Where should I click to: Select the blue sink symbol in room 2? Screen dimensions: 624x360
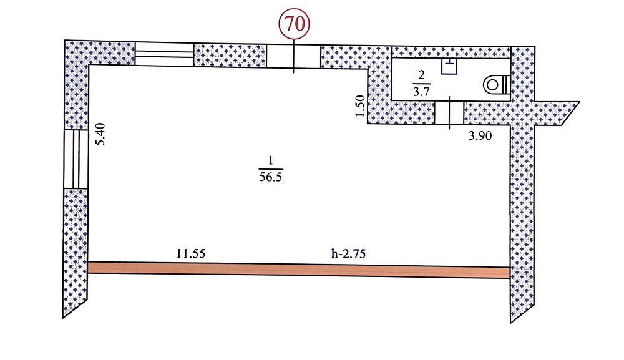coord(449,66)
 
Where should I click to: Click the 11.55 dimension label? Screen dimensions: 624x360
coord(191,253)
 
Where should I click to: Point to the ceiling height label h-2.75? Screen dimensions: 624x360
coord(348,253)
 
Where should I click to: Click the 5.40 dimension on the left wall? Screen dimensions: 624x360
coord(100,134)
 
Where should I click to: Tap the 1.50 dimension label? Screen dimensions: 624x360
coord(360,106)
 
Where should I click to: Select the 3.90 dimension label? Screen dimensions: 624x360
coord(480,136)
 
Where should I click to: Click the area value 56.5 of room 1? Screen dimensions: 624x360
coord(271,177)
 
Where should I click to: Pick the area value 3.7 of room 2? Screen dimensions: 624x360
coord(421,92)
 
